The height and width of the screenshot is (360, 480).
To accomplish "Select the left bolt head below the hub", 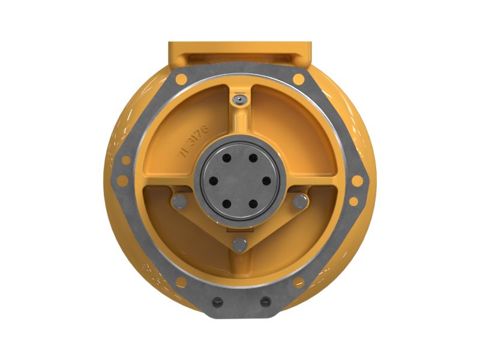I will coord(179,203).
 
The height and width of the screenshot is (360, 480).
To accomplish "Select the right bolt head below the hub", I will coord(299,203).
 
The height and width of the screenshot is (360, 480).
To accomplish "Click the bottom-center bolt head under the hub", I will coord(240,244).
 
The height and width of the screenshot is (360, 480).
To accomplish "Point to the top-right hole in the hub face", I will coord(253,158).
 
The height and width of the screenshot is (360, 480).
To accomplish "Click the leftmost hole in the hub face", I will coord(212,181).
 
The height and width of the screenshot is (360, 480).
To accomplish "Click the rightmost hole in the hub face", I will coord(267,181).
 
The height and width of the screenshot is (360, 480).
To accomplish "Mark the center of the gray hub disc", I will coord(240,181).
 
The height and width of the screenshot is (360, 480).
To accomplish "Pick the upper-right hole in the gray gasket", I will coord(298,79).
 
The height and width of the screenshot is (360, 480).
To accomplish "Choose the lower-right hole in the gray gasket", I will coord(298,281).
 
